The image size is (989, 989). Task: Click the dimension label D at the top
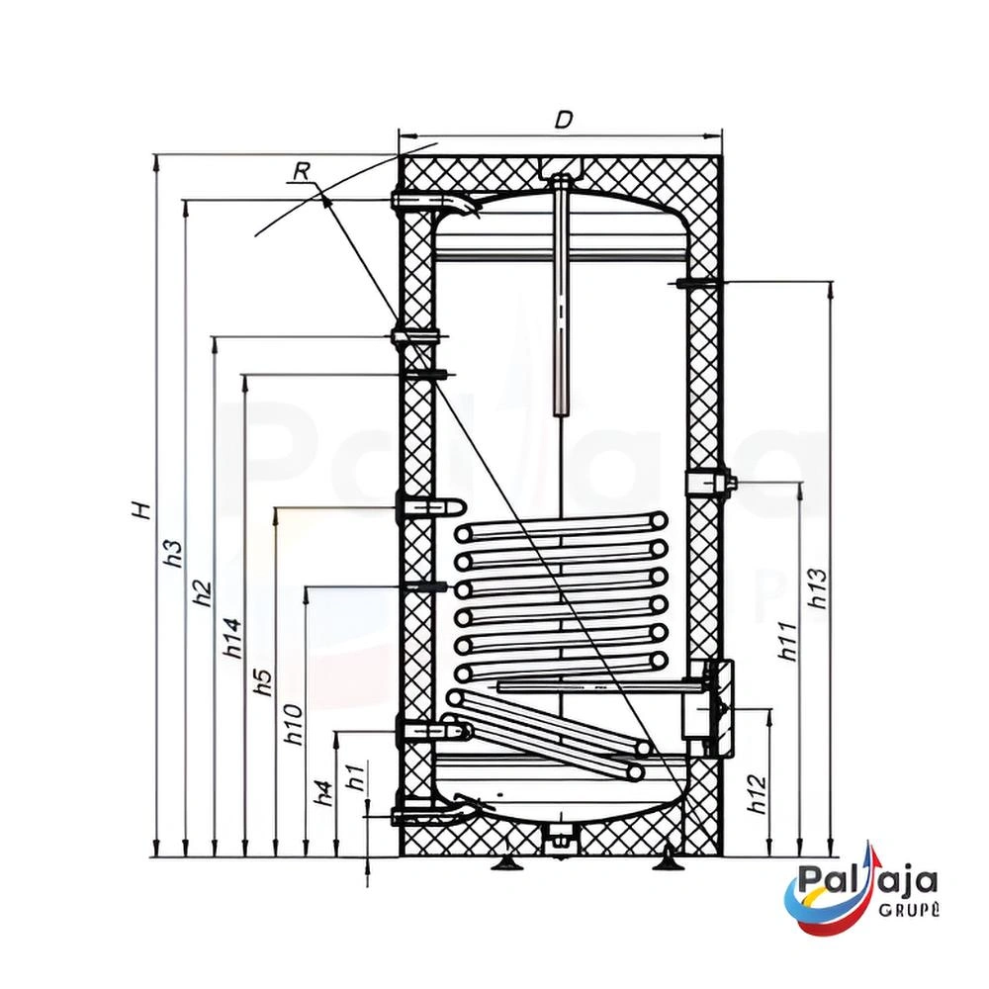coord(564,120)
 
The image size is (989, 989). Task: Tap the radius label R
coord(302,171)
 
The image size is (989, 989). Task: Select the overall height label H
coord(142,510)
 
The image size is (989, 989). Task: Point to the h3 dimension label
coord(173,554)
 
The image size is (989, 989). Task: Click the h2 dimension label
coord(202,591)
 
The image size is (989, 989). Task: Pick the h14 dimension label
coord(231,638)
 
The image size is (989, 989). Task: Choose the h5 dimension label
coord(261,681)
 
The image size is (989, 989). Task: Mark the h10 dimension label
coord(293,726)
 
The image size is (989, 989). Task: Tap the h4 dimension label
coord(322,791)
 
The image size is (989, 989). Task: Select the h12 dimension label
coord(757,793)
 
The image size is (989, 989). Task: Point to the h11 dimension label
coord(787,641)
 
